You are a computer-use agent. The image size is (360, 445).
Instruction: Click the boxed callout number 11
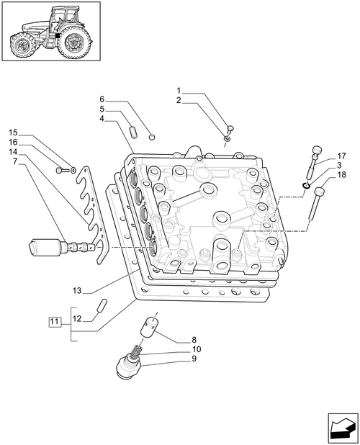(55, 322)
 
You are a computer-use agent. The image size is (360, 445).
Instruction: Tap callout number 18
(342, 175)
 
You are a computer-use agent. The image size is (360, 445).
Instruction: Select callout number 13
(77, 291)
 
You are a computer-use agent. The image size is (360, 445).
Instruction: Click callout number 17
(342, 156)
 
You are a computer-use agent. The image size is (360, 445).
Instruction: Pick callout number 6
(102, 99)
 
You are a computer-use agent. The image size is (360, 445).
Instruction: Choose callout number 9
(194, 359)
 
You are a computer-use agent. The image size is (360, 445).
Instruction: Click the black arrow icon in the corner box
(343, 429)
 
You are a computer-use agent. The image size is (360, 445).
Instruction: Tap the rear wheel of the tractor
(74, 42)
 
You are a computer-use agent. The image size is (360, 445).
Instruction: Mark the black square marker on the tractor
(58, 36)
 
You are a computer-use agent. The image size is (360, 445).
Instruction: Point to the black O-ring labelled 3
(306, 186)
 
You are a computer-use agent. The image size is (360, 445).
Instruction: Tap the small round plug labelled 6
(153, 138)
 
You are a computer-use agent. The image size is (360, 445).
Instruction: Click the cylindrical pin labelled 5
(134, 132)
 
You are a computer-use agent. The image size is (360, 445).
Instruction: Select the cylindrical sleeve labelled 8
(148, 327)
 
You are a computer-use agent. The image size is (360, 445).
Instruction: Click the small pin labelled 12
(102, 305)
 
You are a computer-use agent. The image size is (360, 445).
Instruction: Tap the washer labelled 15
(73, 170)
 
